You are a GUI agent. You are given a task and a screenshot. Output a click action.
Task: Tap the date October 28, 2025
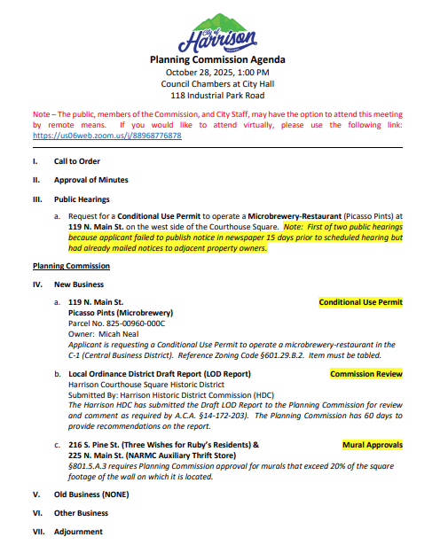(196, 72)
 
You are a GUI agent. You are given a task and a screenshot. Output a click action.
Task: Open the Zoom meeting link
(107, 136)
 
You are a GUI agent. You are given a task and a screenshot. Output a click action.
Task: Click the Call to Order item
(77, 162)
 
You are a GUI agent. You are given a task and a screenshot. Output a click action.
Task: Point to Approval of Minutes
(90, 181)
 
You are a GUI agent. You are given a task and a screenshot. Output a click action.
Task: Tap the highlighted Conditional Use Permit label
(360, 302)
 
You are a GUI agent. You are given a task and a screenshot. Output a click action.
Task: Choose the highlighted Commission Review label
(365, 374)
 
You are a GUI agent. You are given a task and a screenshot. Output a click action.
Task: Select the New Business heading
(78, 284)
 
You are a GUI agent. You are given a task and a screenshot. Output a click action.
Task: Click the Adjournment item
(78, 532)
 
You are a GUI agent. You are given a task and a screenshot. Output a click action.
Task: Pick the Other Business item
(81, 513)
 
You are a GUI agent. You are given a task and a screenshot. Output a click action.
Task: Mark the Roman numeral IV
(37, 284)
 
